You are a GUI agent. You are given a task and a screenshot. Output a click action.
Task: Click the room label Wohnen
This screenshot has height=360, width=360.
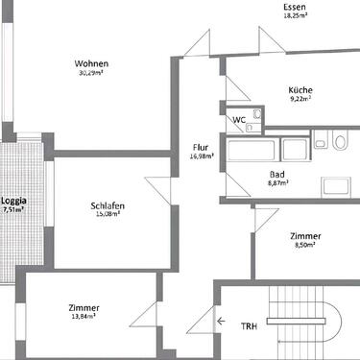click(91, 63)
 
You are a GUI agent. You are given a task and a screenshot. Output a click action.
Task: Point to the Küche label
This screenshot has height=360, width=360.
click(300, 91)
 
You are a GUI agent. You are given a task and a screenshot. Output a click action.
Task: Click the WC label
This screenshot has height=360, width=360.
click(239, 120)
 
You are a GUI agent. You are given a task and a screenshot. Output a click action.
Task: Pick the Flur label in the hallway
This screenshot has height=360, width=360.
click(201, 147)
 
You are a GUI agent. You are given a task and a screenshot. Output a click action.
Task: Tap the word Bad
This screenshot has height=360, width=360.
click(277, 174)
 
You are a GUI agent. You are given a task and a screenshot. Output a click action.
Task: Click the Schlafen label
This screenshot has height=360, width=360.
click(107, 205)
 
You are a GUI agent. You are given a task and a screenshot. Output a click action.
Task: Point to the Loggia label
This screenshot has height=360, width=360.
click(14, 200)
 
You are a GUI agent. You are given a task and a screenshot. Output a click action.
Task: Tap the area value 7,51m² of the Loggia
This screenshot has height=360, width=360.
click(14, 209)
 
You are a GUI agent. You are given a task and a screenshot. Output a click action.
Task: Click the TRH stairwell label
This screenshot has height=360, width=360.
click(249, 325)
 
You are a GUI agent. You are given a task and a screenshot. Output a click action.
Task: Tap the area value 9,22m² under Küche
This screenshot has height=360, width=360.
click(300, 100)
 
